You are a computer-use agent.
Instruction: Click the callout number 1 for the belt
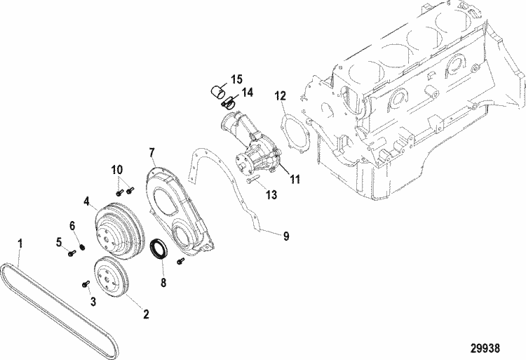[x=20, y=244]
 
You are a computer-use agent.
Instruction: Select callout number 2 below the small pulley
[x=147, y=314]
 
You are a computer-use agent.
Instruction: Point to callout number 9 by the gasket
[x=286, y=237]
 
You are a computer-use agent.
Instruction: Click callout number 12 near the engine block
[x=281, y=95]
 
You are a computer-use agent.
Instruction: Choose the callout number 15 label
[x=236, y=79]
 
